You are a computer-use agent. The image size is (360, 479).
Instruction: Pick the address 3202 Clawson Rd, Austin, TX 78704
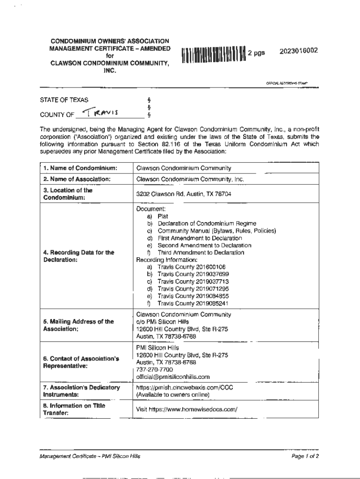point(183,194)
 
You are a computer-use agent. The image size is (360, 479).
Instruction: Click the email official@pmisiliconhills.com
point(173,377)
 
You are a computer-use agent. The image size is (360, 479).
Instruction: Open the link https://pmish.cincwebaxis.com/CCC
point(185,387)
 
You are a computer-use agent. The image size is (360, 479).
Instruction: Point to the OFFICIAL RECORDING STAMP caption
point(287,83)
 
